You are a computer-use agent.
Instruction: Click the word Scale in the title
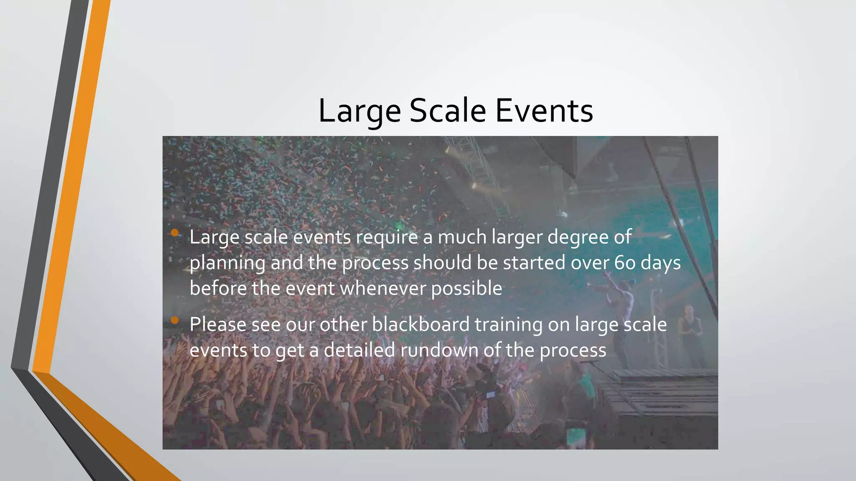[x=448, y=111]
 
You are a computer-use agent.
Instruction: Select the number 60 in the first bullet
[x=625, y=263]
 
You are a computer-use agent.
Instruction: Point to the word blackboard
[x=420, y=324]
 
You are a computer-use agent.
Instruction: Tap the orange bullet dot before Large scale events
[x=175, y=233]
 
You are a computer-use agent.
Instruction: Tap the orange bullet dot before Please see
[x=175, y=320]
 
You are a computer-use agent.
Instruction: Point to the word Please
[x=217, y=324]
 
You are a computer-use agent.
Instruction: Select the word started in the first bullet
[x=534, y=263]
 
